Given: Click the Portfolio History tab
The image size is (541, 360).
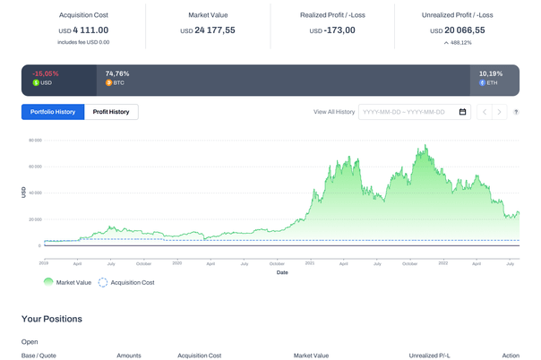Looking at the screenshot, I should click(x=53, y=112).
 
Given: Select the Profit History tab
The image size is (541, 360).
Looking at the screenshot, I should click(x=111, y=112).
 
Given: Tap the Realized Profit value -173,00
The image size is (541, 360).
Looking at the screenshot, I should click(x=332, y=30).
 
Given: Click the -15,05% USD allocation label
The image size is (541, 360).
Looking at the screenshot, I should click(x=45, y=73).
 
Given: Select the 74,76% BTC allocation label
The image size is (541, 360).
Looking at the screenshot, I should click(x=117, y=73).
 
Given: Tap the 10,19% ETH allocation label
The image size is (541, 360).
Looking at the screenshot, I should click(x=491, y=73).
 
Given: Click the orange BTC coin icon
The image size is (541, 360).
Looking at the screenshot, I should click(x=108, y=82).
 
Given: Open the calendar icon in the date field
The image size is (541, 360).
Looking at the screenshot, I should click(x=462, y=112).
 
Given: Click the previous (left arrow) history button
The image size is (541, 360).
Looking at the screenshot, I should click(x=485, y=112).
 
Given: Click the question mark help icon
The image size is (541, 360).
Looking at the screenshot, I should click(x=516, y=112).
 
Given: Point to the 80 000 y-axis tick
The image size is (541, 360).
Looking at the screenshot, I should click(x=35, y=141).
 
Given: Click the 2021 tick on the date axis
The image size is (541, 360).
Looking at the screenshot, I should click(x=309, y=264).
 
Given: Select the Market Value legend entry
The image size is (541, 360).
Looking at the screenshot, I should click(x=67, y=281).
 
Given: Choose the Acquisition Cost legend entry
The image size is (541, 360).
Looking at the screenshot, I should click(x=125, y=281).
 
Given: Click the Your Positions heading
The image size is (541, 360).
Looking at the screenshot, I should click(x=51, y=319).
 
